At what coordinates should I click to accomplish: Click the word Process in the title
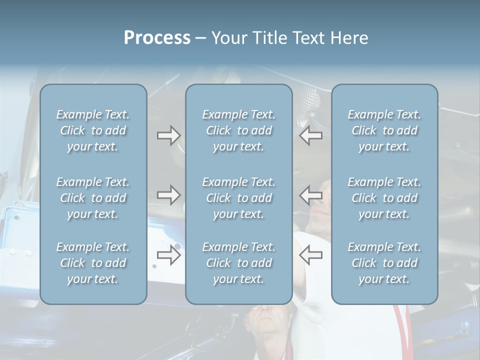click(x=157, y=38)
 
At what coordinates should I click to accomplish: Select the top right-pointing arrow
click(x=168, y=135)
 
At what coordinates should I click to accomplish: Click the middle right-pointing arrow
click(x=168, y=195)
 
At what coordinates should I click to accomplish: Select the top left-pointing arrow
click(x=310, y=135)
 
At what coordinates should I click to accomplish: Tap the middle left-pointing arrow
click(x=310, y=195)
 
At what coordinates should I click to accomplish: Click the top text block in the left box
click(x=93, y=130)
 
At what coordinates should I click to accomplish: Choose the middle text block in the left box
click(x=93, y=198)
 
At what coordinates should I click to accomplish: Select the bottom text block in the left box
click(x=93, y=263)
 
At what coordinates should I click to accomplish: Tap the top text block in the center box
click(x=239, y=130)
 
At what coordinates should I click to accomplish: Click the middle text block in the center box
click(x=239, y=198)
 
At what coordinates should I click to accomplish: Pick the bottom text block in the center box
click(x=239, y=263)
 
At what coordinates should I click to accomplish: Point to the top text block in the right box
click(x=384, y=130)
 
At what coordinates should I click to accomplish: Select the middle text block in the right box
click(x=384, y=198)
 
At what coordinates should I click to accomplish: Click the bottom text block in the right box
click(x=384, y=263)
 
